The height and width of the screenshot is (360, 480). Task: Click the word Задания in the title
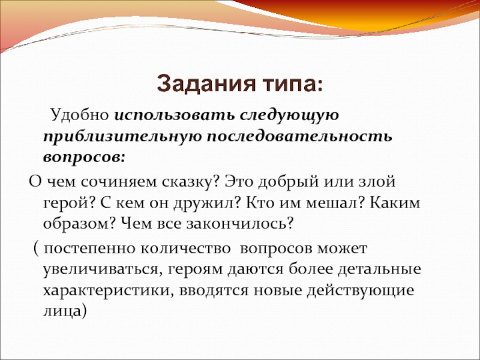click(x=206, y=84)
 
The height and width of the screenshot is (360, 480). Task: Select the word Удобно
click(x=80, y=115)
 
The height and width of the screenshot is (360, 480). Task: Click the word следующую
click(x=289, y=116)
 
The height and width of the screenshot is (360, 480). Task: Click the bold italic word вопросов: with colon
click(x=84, y=158)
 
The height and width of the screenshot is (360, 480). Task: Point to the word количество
click(x=185, y=248)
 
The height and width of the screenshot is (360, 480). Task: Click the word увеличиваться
click(x=103, y=270)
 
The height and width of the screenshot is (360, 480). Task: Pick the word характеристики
click(x=109, y=291)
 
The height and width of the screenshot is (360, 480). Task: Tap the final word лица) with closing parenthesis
click(x=65, y=311)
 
